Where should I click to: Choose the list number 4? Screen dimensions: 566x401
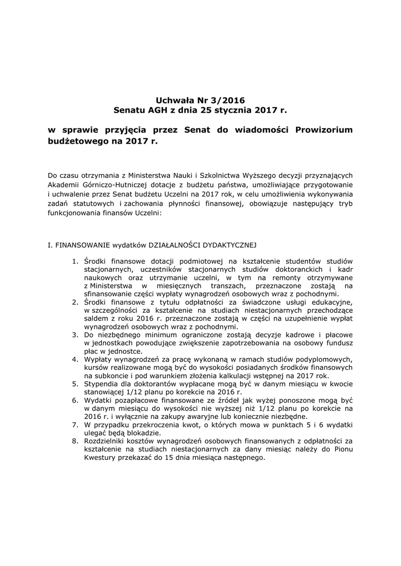[75, 359]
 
